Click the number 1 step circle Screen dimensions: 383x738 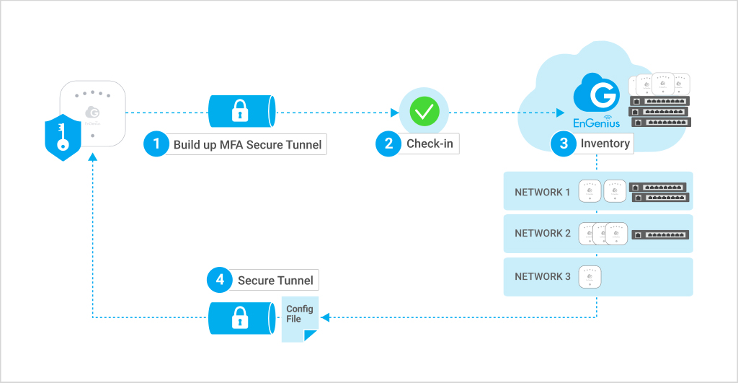(156, 144)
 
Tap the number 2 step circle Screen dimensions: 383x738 (388, 144)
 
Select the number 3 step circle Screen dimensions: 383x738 (563, 144)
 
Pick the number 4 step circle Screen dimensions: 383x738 (219, 280)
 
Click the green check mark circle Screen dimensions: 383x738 (424, 112)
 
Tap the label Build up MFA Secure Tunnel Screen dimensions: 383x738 (248, 144)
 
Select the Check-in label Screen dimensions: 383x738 (430, 144)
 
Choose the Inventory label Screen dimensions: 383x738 (605, 144)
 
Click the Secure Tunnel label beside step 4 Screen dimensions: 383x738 (275, 280)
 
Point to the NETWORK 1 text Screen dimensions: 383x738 (543, 193)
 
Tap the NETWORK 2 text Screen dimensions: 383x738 (543, 234)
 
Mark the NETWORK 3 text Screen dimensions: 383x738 (543, 277)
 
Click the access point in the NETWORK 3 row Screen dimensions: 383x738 (590, 277)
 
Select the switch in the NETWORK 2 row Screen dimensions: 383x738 (659, 234)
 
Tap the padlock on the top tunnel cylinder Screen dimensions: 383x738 (238, 112)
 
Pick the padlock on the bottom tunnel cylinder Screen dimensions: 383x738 (238, 317)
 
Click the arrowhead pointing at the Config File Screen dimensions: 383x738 (324, 317)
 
